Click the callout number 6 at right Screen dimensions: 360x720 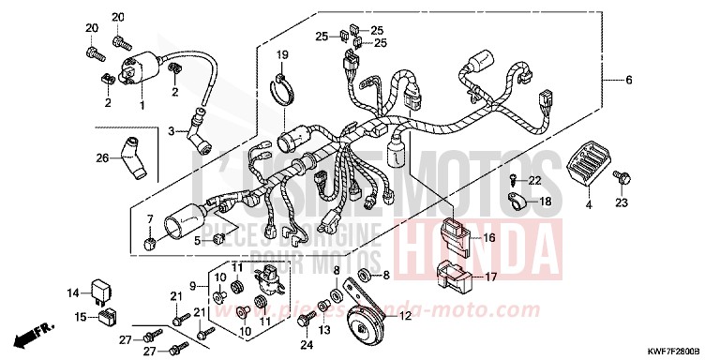click(x=629, y=81)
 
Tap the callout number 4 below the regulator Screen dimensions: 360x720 click(x=589, y=203)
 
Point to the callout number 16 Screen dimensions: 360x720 click(x=489, y=238)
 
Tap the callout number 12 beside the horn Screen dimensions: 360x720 click(x=405, y=317)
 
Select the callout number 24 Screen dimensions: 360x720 click(x=305, y=345)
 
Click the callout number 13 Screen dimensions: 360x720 click(x=324, y=330)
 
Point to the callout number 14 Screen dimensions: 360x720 click(x=73, y=292)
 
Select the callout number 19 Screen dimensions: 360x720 click(x=281, y=55)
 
